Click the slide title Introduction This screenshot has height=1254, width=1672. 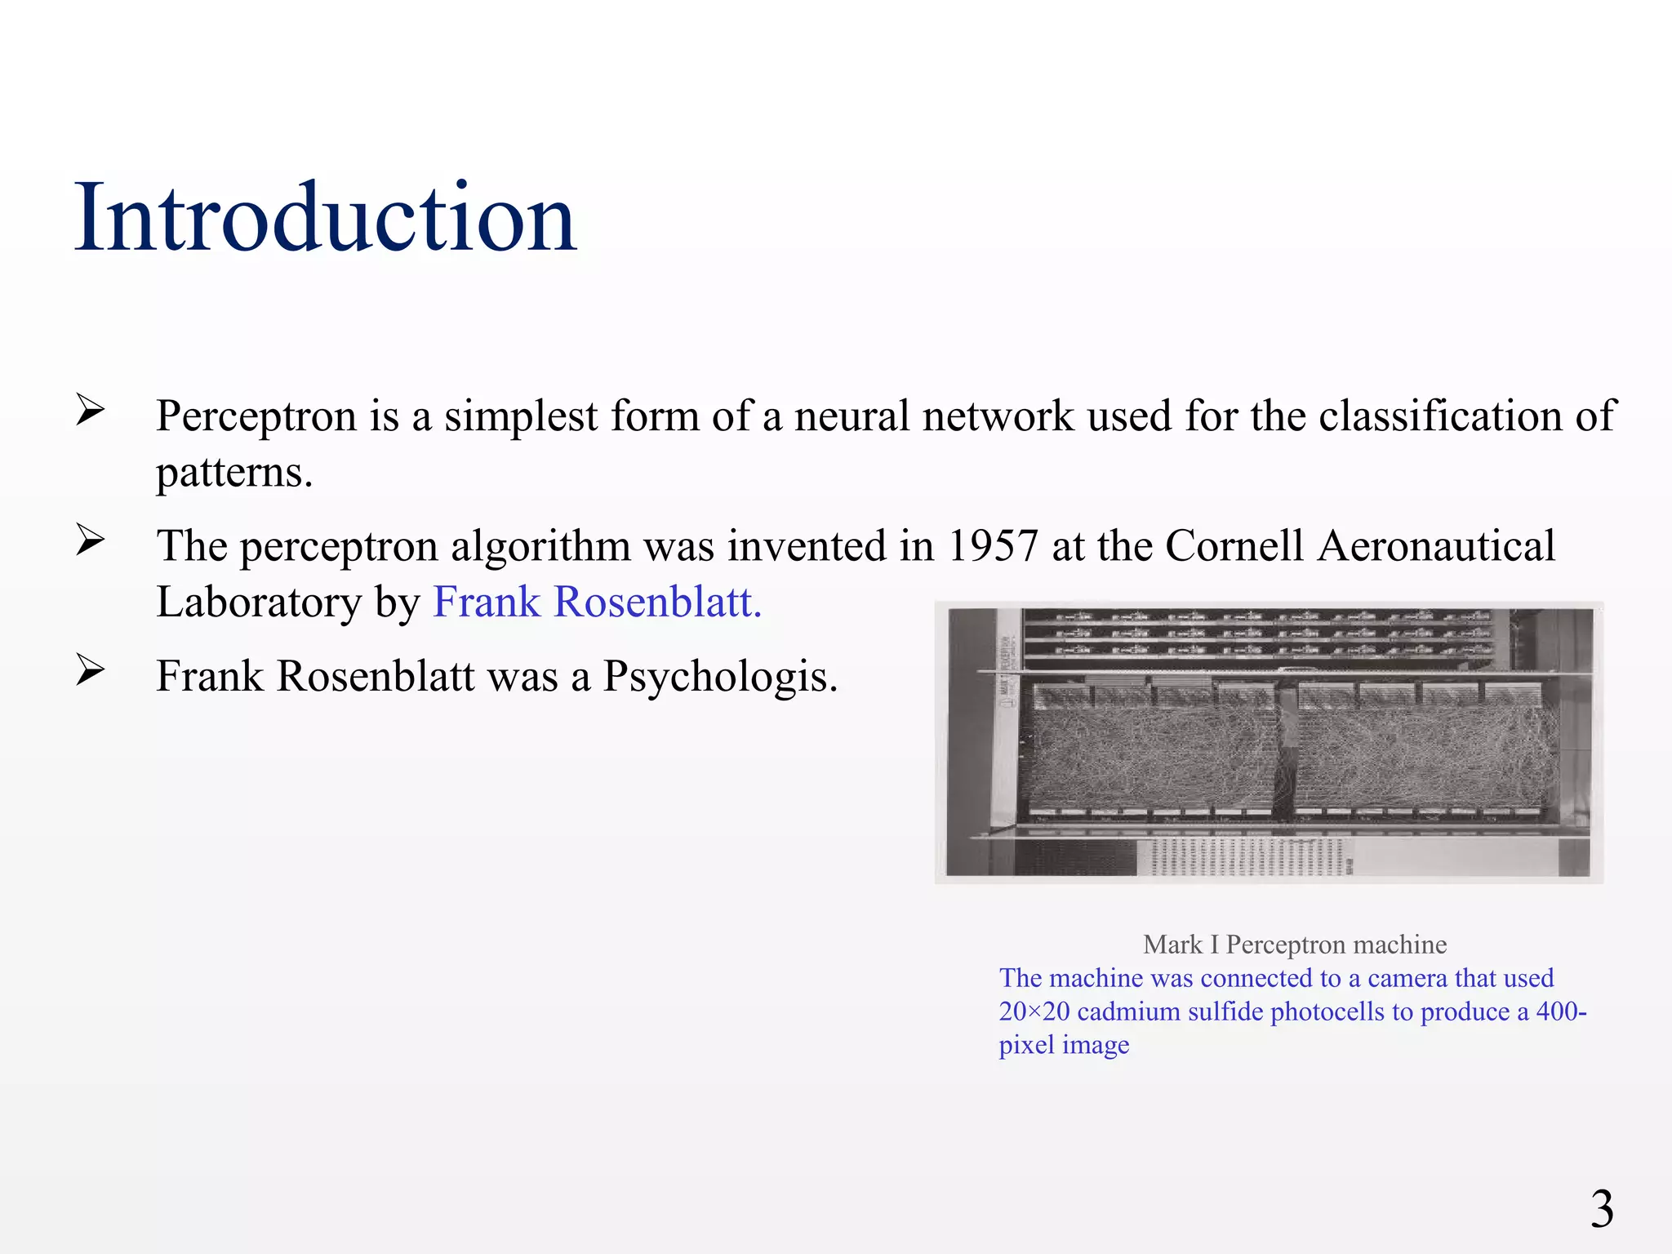(x=325, y=217)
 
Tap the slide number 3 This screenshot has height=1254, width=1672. (x=1602, y=1208)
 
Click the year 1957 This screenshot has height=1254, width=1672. (x=992, y=545)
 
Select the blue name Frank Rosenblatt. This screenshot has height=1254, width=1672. (x=597, y=603)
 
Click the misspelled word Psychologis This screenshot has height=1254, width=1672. (x=720, y=676)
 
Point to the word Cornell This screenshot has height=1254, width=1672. (x=1234, y=545)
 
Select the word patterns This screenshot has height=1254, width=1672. (x=234, y=473)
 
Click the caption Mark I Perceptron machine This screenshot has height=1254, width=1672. (x=1295, y=945)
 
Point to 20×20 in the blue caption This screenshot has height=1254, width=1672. (x=1034, y=1012)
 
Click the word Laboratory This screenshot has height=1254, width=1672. (x=259, y=603)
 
